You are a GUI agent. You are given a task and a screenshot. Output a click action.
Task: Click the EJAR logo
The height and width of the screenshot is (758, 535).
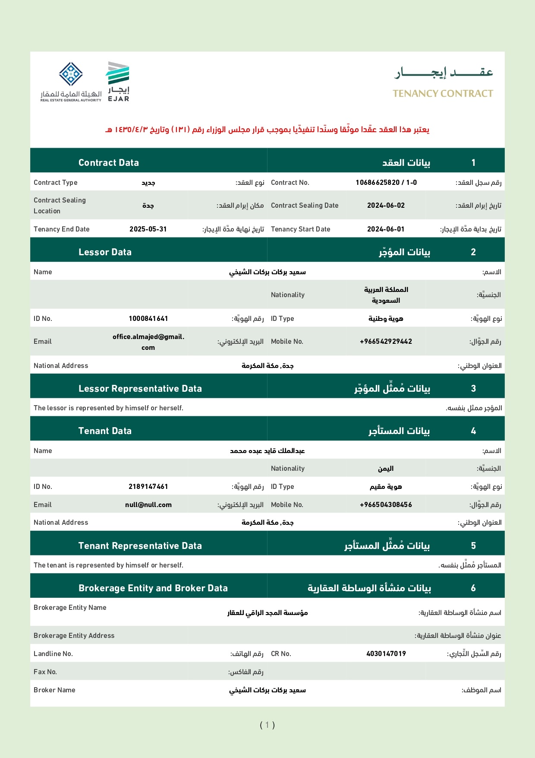point(118,82)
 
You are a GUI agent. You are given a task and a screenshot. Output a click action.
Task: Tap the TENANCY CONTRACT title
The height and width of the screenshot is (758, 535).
point(443,93)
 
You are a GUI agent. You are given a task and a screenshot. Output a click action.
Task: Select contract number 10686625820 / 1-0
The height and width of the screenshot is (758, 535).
point(386,182)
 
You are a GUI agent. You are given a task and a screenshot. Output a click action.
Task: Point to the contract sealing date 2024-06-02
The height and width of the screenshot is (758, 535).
point(386,206)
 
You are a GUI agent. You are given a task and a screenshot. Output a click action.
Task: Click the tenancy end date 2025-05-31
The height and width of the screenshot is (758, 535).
point(148,229)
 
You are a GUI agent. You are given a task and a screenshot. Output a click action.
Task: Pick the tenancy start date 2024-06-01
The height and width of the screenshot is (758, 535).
point(386,229)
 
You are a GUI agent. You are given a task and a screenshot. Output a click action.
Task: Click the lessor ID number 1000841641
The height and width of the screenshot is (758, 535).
point(148,319)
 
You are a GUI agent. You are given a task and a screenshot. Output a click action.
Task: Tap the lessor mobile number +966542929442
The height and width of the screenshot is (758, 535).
point(386,342)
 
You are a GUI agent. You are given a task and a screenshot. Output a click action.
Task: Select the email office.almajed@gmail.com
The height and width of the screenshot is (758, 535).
point(148,342)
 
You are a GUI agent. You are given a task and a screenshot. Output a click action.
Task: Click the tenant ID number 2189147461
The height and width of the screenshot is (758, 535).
point(148,487)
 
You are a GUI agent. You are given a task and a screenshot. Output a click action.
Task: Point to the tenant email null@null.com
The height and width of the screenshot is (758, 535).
point(148,505)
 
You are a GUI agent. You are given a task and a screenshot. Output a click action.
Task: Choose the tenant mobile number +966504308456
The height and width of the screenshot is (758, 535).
point(386,505)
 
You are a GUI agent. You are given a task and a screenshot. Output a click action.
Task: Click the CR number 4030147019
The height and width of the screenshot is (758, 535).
point(386,654)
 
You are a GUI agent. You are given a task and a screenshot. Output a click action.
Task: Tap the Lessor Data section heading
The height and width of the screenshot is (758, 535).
point(105,252)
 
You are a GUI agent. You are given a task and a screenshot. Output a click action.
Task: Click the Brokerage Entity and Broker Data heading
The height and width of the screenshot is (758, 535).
point(153,588)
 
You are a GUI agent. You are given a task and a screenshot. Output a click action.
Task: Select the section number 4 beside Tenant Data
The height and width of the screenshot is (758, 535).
point(473,431)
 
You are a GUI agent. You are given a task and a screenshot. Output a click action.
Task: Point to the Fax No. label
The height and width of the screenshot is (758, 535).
point(45,672)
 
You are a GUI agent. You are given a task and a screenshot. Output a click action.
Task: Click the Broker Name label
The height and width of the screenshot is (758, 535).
point(54,690)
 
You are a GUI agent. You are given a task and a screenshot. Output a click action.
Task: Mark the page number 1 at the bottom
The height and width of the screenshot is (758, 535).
point(267,725)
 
